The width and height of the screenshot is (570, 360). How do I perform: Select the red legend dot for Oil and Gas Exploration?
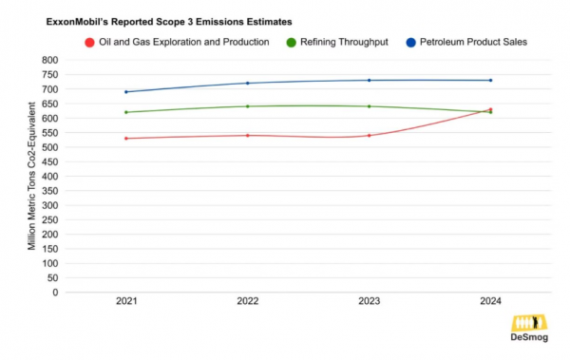[x=89, y=42]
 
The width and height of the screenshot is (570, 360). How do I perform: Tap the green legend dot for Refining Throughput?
[x=292, y=42]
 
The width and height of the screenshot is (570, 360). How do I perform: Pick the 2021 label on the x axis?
[x=126, y=301]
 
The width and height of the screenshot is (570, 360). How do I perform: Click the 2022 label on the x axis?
[x=248, y=301]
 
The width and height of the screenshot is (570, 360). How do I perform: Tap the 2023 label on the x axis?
[x=370, y=301]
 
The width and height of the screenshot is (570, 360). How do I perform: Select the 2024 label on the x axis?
[x=490, y=301]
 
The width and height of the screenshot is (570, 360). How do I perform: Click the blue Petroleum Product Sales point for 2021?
[x=126, y=92]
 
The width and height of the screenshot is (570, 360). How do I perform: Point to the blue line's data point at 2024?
[x=490, y=80]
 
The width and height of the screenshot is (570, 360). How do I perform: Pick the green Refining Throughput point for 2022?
[x=248, y=106]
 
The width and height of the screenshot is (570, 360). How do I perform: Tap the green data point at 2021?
[x=126, y=112]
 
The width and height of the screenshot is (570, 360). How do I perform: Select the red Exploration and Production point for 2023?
[x=370, y=135]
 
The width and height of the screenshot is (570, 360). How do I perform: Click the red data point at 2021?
[x=126, y=139]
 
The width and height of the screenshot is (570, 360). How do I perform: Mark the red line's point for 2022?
[x=248, y=135]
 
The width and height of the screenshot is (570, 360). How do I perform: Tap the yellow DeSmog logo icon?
[x=528, y=323]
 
